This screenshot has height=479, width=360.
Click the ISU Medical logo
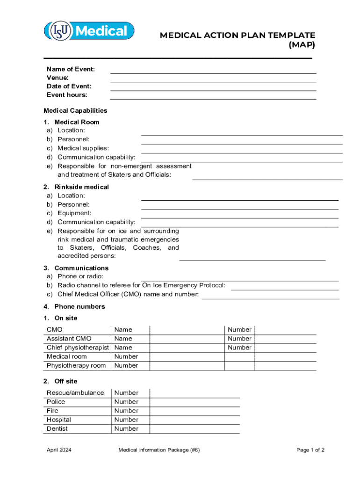tap(89, 31)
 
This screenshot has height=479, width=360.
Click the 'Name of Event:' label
tap(71, 69)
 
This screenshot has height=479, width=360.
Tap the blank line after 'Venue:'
tap(213, 81)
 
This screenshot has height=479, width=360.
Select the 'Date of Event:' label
tap(69, 86)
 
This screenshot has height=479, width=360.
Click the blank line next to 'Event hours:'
tap(213, 98)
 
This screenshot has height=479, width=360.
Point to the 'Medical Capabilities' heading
tap(75, 111)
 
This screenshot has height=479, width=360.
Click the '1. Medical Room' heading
tap(72, 122)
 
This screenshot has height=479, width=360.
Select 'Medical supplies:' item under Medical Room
tap(83, 148)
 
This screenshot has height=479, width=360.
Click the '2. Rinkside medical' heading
tap(76, 187)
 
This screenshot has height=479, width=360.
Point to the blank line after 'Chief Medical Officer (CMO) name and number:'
tap(270, 298)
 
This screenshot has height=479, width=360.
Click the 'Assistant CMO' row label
tap(69, 339)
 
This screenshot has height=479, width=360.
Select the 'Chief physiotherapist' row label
tap(78, 348)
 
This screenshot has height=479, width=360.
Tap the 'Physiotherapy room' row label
tap(76, 365)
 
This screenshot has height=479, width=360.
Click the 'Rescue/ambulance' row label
tap(75, 393)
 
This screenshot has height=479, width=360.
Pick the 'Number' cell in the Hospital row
tap(126, 420)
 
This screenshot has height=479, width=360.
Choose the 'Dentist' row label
tap(57, 428)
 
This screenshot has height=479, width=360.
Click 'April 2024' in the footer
tap(59, 450)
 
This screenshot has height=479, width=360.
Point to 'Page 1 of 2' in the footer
tap(310, 450)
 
